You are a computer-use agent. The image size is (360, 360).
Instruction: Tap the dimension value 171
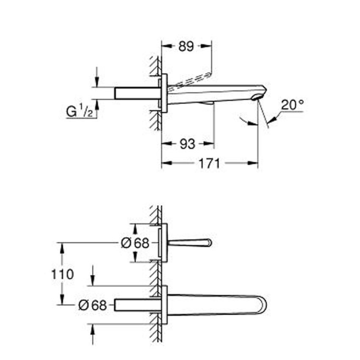click(x=210, y=163)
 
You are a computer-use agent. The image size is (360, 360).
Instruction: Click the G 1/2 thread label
click(x=79, y=112)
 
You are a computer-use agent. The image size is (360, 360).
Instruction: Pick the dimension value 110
click(x=62, y=274)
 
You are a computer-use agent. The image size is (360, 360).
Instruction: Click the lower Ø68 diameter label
click(x=93, y=305)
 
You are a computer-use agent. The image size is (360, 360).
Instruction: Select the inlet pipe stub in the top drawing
click(x=136, y=94)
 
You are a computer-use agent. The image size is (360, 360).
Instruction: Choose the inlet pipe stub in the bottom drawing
click(x=136, y=305)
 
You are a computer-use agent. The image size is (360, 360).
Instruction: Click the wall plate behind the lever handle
click(x=164, y=243)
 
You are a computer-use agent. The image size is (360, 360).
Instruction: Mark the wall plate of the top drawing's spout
click(x=164, y=93)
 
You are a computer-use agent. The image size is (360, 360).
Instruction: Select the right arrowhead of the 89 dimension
click(x=209, y=46)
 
